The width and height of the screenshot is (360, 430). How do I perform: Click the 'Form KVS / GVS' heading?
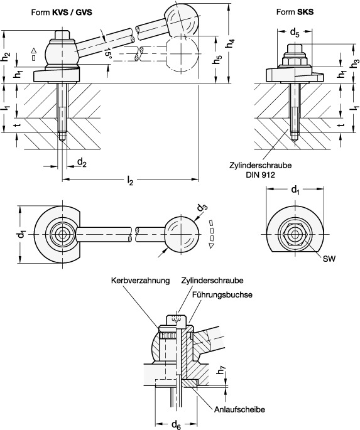[62, 13]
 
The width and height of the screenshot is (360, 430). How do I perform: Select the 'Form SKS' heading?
[295, 12]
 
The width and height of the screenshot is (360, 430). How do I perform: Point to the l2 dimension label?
[130, 181]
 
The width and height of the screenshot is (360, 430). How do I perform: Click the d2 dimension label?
[82, 163]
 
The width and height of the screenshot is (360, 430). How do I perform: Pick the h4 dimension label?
[231, 43]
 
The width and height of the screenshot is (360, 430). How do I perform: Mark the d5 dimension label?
[295, 33]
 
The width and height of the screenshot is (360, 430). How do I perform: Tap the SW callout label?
[329, 259]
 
